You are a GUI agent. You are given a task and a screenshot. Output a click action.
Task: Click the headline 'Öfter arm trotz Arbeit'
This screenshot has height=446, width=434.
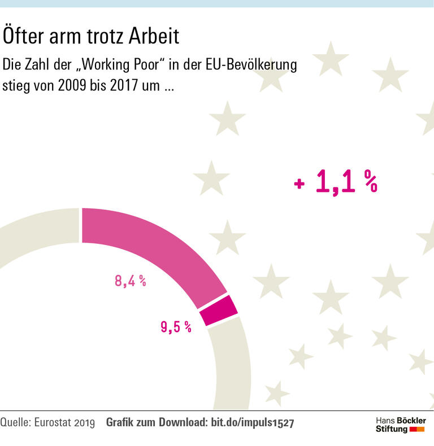91,37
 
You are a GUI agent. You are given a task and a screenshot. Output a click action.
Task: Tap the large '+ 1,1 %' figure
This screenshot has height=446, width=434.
336,183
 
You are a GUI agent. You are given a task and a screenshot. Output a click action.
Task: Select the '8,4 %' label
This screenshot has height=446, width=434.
131,281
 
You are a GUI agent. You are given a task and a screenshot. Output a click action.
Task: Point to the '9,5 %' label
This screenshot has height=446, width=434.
176,326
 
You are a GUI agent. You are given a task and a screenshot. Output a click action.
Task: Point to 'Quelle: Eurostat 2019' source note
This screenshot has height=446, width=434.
48,422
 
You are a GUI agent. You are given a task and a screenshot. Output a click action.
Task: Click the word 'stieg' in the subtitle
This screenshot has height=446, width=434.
16,89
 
